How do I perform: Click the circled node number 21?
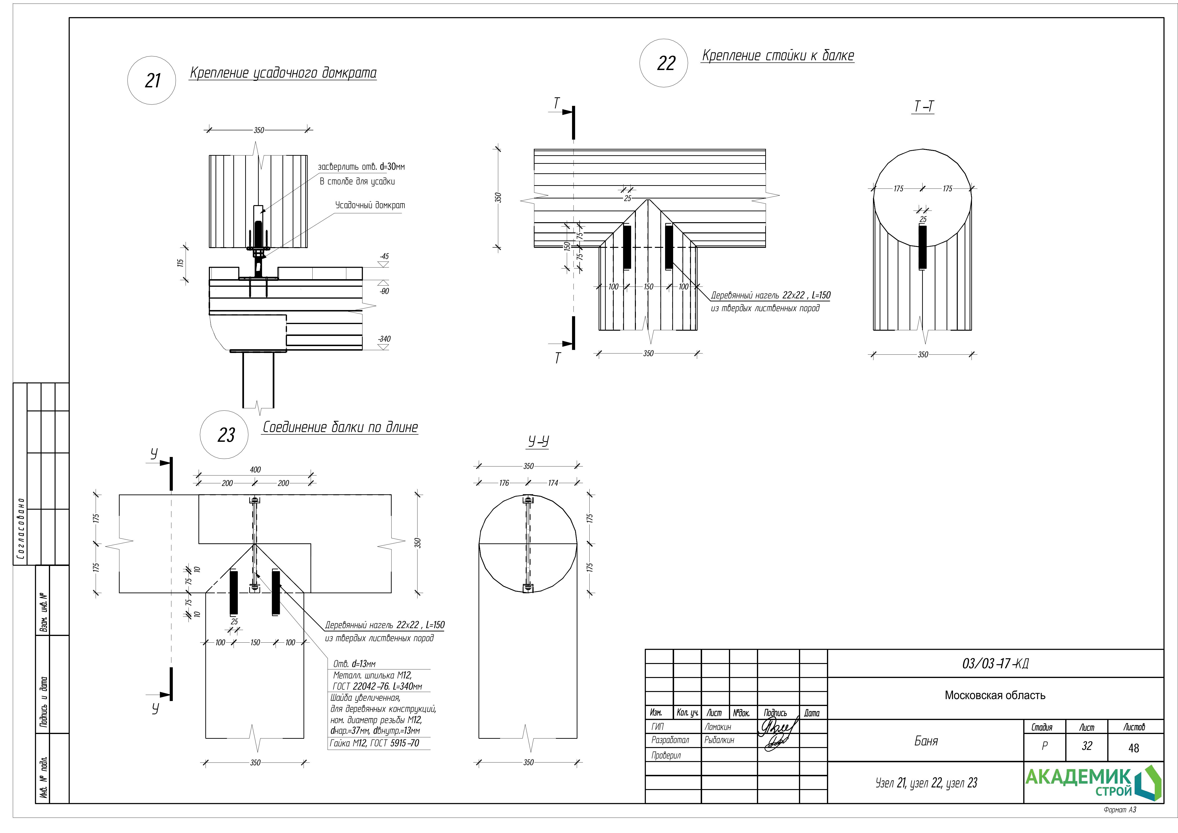pyautogui.click(x=152, y=80)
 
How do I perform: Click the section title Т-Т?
pyautogui.click(x=924, y=106)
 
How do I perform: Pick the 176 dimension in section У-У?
pyautogui.click(x=504, y=483)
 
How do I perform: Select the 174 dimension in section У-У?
pyautogui.click(x=553, y=483)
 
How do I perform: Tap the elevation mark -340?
pyautogui.click(x=384, y=339)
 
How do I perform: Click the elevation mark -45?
pyautogui.click(x=384, y=256)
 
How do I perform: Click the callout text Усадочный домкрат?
pyautogui.click(x=370, y=205)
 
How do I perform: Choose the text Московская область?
pyautogui.click(x=995, y=696)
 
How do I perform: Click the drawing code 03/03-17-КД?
pyautogui.click(x=995, y=664)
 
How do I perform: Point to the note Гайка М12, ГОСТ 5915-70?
pyautogui.click(x=374, y=743)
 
